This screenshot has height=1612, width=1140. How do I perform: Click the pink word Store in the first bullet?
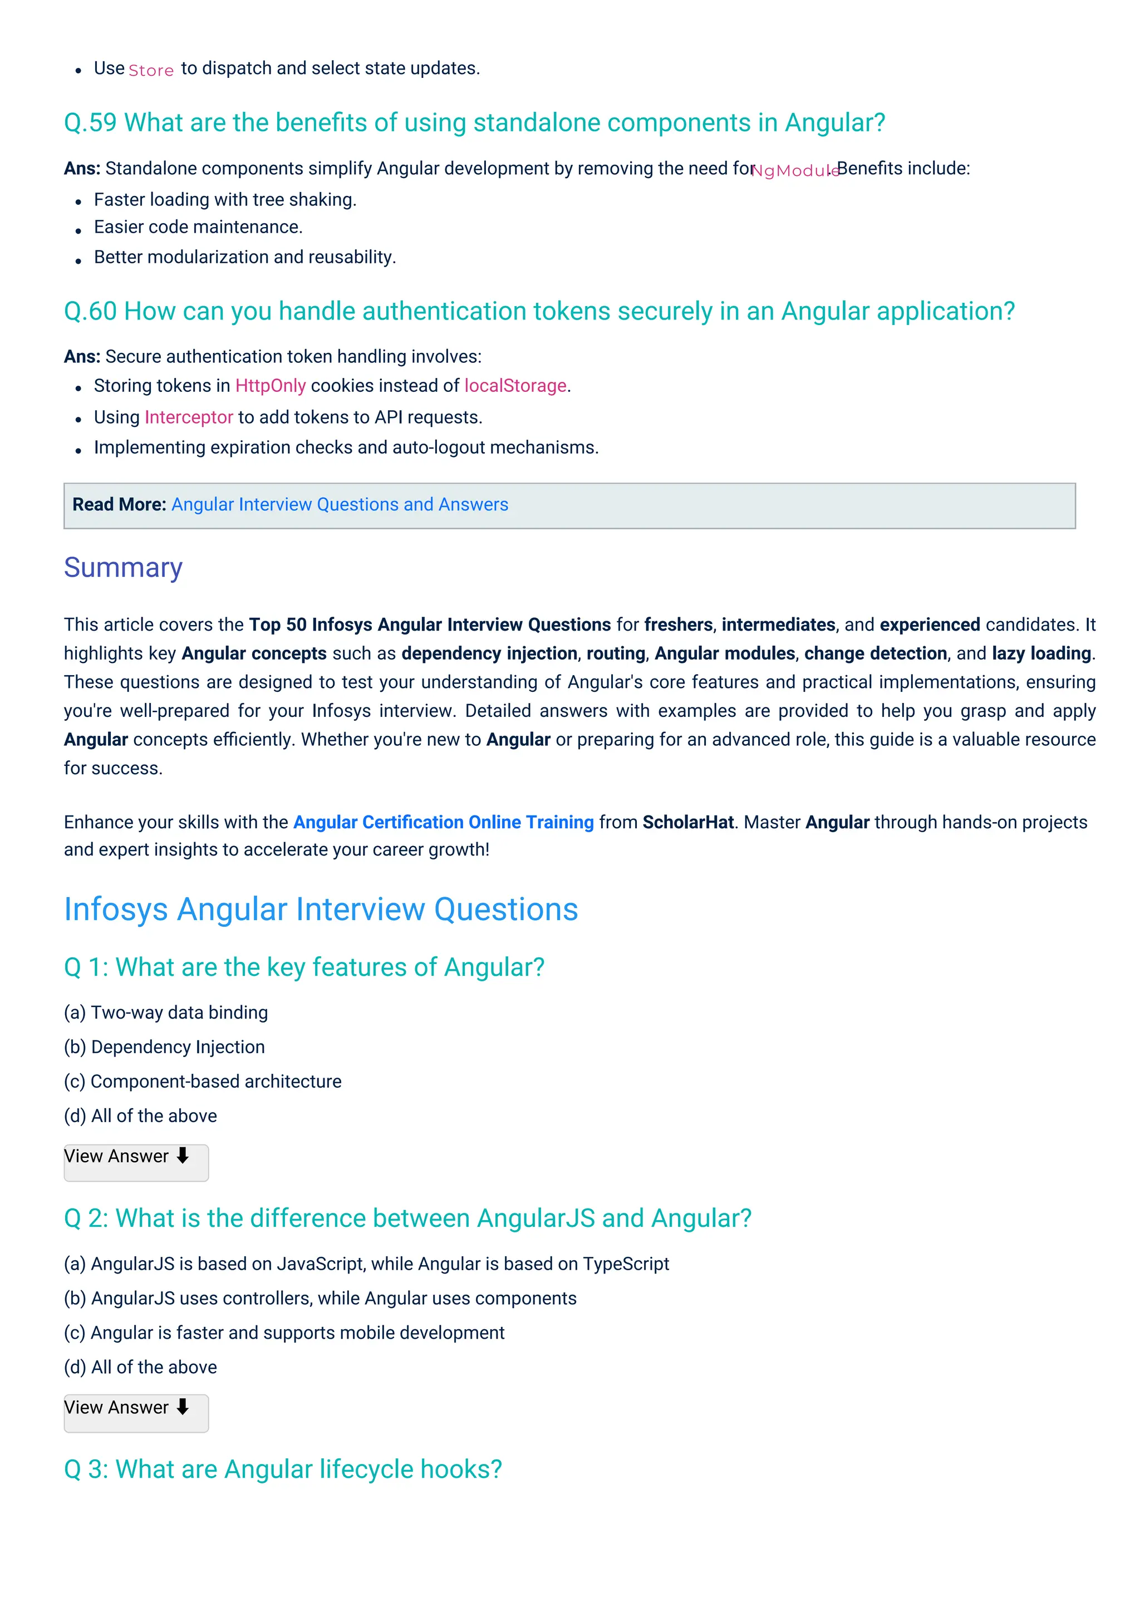point(151,70)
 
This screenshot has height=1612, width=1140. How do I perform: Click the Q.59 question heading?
point(474,123)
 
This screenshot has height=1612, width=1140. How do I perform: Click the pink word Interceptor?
point(188,417)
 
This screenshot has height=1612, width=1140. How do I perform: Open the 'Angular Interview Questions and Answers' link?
point(340,505)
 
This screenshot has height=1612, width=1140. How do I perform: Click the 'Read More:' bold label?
point(119,505)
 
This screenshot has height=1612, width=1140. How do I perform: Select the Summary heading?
point(123,567)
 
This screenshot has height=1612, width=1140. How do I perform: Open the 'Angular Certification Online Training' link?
point(443,822)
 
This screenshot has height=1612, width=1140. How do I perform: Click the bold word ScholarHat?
point(688,822)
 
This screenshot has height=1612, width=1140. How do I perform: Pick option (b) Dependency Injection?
point(164,1047)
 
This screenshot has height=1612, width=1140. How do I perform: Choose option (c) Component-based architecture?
point(202,1081)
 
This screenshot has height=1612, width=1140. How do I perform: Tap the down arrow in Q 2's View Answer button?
point(183,1407)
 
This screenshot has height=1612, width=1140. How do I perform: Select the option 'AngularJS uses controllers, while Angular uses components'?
point(320,1298)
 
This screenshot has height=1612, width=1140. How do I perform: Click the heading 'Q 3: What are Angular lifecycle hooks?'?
point(283,1470)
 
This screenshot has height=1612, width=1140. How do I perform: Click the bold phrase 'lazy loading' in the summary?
point(1041,653)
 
